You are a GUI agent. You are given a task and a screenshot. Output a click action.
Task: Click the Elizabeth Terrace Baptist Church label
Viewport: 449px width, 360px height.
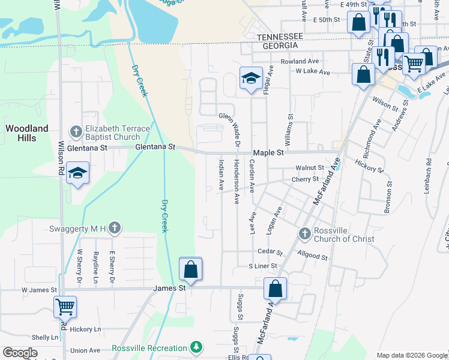(113, 133)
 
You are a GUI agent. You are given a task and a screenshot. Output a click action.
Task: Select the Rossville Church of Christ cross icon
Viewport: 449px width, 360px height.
(304, 233)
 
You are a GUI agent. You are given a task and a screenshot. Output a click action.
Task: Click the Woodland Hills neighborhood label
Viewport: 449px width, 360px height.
(26, 133)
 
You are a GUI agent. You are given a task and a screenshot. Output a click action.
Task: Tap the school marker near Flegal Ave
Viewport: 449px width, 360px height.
(252, 77)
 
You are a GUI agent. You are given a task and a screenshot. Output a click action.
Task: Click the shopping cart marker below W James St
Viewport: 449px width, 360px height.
(65, 307)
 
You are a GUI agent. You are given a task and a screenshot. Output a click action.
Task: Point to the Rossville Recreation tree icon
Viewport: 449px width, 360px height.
(196, 347)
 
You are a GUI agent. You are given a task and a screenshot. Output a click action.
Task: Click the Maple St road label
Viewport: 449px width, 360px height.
(268, 153)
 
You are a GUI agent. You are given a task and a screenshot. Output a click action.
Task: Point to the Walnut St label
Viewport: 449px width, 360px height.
(309, 168)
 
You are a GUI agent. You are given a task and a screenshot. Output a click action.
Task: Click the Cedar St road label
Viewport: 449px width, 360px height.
(269, 251)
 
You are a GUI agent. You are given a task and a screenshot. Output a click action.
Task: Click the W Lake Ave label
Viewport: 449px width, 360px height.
(313, 72)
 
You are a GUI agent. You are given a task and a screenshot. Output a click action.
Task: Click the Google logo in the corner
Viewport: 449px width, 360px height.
(20, 353)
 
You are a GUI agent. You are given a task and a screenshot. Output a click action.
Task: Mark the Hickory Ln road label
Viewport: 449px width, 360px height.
(85, 329)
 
